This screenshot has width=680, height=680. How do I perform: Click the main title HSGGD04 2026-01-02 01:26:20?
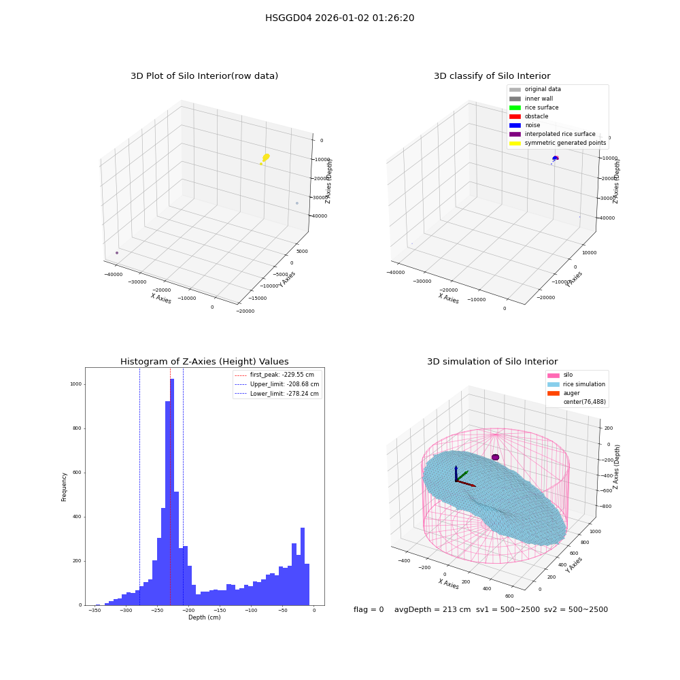coord(339,18)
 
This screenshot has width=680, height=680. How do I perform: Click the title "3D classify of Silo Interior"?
coord(492,76)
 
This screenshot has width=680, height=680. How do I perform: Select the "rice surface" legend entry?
coord(534,107)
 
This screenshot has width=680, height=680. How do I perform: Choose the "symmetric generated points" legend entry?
coord(558,143)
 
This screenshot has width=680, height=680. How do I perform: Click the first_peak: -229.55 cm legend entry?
coord(274,375)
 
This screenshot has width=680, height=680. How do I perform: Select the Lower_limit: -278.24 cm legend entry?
coord(277,394)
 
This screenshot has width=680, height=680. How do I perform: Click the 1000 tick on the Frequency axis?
coord(75,384)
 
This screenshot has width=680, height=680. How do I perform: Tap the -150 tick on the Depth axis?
coord(220,611)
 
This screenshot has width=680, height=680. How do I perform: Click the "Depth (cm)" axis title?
coord(205,617)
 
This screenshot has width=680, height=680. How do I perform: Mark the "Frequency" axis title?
coord(64,487)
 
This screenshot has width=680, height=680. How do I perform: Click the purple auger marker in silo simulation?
coord(495,457)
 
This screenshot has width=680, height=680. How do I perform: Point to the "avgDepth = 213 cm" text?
coord(432,610)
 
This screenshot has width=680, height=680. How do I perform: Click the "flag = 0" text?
coord(369,610)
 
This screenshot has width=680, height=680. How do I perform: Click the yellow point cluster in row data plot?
coord(265,158)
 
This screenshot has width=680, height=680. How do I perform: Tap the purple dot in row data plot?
coord(117,253)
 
